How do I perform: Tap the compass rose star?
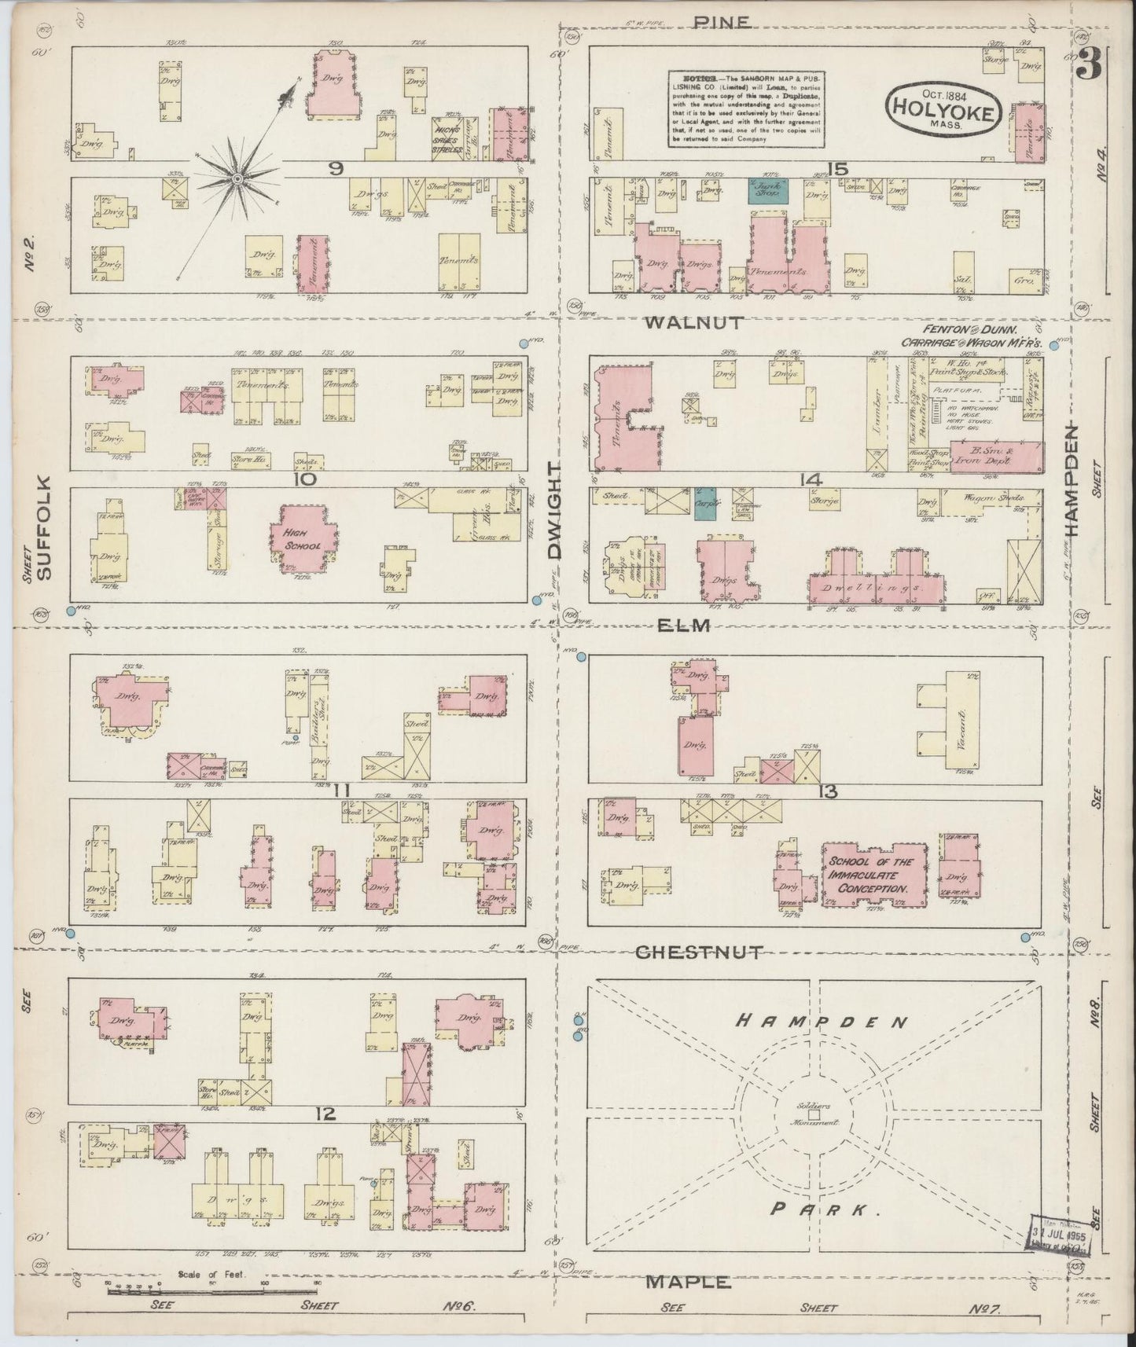[x=237, y=181]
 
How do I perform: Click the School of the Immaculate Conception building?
[x=874, y=873]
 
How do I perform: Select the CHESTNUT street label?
[x=698, y=952]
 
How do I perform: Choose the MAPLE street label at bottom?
[x=689, y=1282]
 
